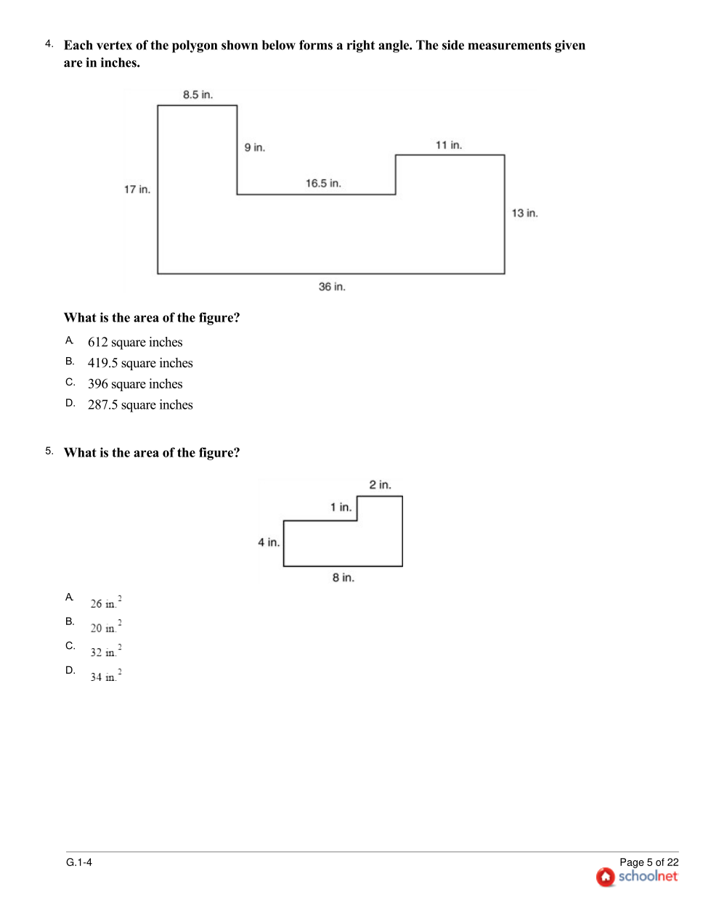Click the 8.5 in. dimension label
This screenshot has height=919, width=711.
click(198, 95)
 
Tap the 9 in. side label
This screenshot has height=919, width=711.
click(254, 147)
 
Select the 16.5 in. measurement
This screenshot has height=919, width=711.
click(322, 184)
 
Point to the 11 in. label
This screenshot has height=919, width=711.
click(448, 145)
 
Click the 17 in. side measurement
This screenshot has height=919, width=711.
click(137, 189)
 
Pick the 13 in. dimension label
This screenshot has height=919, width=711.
click(524, 213)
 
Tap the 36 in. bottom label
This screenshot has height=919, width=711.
click(332, 287)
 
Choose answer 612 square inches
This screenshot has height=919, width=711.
click(135, 342)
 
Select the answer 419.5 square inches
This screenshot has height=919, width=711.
click(140, 363)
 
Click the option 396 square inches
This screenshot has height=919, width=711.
click(135, 384)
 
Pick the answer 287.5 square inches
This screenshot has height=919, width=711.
click(140, 405)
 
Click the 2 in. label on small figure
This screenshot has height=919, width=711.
click(380, 485)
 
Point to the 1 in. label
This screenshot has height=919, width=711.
click(341, 507)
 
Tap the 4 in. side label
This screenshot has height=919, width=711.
click(268, 542)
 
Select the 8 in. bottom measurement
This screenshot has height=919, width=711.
click(343, 578)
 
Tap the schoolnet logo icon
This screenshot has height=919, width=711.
click(605, 877)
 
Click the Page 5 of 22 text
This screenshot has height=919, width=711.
click(649, 862)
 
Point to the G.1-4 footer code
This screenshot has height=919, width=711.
click(79, 862)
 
